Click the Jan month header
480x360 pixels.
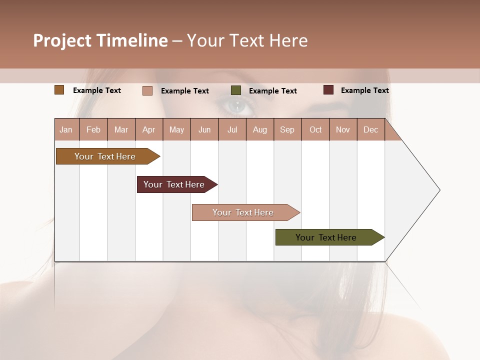(66, 129)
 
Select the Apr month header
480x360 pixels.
(149, 129)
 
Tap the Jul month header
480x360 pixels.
(232, 129)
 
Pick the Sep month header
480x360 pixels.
(287, 129)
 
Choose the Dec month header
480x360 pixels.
(370, 129)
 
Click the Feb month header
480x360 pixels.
(93, 129)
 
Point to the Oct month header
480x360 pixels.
(315, 129)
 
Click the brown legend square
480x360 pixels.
(59, 90)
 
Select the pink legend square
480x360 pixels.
(147, 90)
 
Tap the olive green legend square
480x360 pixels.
(236, 90)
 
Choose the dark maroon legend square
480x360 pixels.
(328, 90)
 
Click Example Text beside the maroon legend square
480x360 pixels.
(364, 90)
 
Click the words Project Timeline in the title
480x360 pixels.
(100, 40)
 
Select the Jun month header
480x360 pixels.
(204, 129)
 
